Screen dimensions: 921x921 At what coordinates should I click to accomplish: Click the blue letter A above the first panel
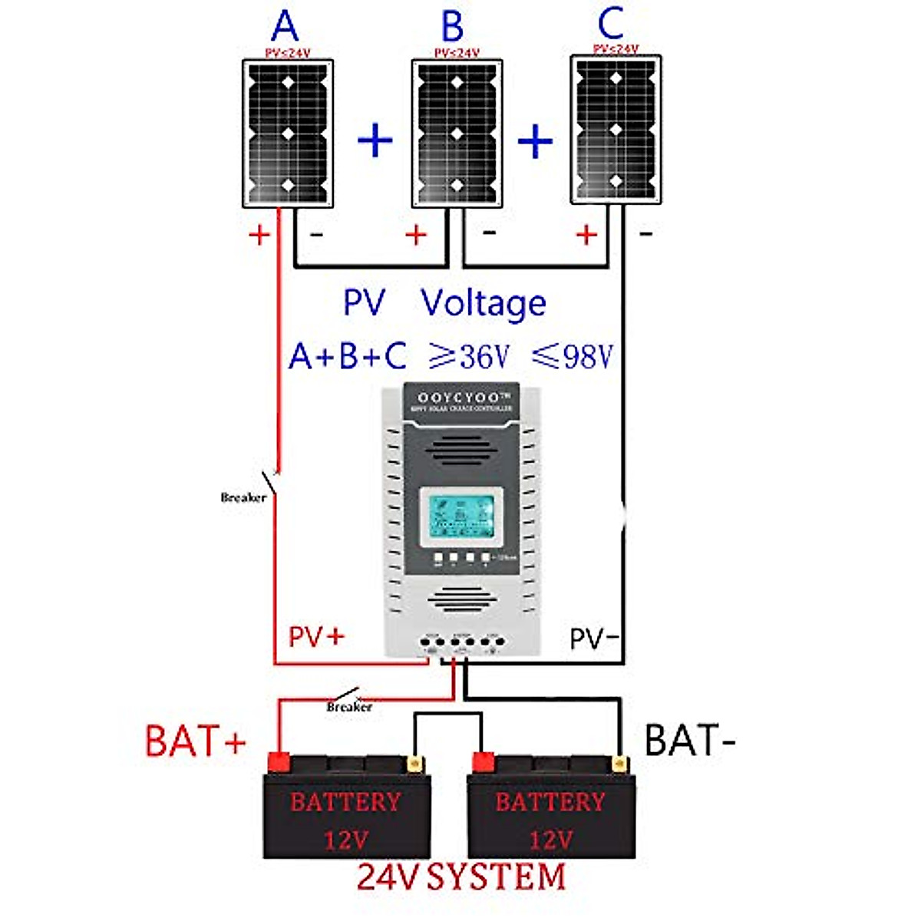(285, 27)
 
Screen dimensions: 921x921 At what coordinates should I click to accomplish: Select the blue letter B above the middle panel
(452, 27)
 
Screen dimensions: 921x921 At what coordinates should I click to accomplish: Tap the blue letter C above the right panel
(610, 24)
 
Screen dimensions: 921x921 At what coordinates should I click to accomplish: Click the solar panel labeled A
(288, 133)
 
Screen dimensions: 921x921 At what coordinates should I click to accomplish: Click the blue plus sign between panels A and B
(375, 140)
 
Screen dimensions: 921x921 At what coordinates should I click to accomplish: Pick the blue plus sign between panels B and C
(535, 141)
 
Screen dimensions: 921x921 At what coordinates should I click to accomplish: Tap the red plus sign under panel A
(259, 234)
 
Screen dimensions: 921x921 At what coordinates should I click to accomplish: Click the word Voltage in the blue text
(484, 303)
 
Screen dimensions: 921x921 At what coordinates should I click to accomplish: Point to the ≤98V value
(573, 355)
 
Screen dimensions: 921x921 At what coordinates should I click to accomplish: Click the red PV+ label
(316, 636)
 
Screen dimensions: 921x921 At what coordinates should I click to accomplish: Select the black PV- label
(594, 638)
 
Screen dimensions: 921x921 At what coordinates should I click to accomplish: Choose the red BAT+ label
(196, 741)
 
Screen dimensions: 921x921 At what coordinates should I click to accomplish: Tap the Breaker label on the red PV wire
(243, 497)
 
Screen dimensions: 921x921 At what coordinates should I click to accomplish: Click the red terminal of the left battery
(277, 762)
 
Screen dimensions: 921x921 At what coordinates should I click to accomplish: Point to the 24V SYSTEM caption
(460, 877)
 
